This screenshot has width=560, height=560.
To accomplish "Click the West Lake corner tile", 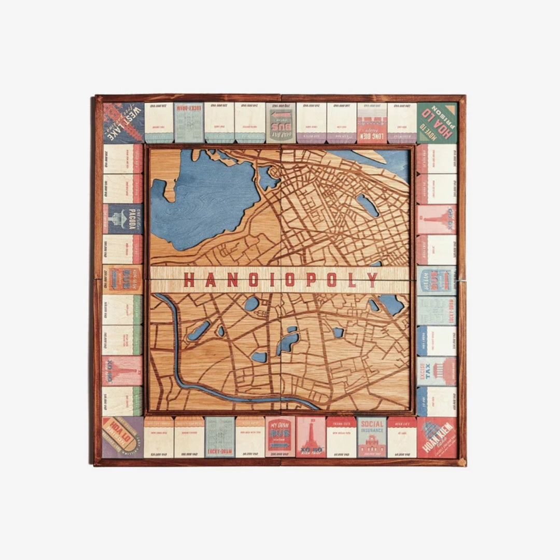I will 123,123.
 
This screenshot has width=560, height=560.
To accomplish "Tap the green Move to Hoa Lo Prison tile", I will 437,122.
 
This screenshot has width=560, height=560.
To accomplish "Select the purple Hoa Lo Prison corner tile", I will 123,437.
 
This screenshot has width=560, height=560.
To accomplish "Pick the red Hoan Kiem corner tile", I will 437,437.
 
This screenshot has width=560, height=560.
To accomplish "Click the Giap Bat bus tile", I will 280,122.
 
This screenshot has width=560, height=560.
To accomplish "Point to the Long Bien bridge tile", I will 372,123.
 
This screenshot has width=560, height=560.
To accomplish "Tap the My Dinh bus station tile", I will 280,437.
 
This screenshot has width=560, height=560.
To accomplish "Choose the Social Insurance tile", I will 372,437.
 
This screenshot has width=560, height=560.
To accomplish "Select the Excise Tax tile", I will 437,371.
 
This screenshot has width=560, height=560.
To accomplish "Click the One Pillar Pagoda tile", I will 123,218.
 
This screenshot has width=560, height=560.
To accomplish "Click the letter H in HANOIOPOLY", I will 189,280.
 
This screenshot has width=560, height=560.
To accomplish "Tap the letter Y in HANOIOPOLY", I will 372,280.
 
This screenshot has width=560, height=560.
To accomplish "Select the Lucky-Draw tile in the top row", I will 189,123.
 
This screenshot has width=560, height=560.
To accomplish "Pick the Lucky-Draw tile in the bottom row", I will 219,437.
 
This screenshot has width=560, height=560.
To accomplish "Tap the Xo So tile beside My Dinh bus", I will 311,437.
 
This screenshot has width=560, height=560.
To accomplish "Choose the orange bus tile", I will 123,279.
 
